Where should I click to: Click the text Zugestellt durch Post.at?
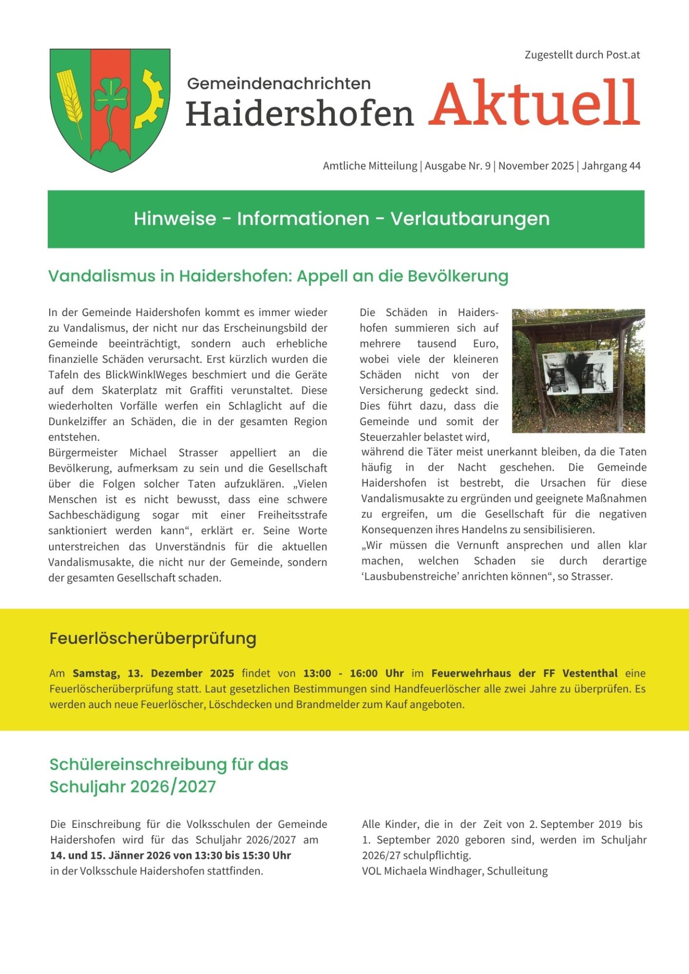582,55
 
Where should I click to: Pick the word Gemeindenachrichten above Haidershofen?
279,84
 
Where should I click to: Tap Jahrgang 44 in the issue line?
611,166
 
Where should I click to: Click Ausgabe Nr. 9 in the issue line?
457,166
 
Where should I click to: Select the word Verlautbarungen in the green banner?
470,219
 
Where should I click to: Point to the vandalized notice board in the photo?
578,372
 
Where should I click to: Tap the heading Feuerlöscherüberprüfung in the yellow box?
153,638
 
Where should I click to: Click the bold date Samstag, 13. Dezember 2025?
153,673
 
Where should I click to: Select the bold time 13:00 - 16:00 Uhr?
353,673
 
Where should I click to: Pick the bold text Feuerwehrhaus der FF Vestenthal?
524,673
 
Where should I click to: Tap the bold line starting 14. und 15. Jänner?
170,855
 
